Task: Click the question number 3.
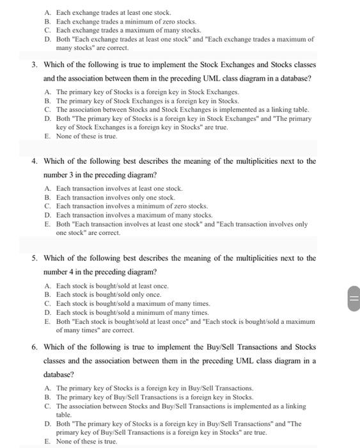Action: [35, 65]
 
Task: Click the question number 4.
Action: [35, 161]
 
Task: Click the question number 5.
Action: [35, 259]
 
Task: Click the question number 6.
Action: [35, 348]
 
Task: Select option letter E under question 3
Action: [47, 136]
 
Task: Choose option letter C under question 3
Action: [47, 109]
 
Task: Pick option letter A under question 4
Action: [47, 189]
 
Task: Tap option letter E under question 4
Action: [47, 225]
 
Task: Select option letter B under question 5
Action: [47, 294]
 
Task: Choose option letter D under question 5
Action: [47, 312]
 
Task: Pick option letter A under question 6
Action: [47, 388]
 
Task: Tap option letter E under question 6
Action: [47, 442]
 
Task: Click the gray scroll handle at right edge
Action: [353, 299]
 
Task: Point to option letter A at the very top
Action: [47, 12]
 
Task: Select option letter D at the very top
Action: [47, 39]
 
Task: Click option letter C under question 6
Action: [47, 406]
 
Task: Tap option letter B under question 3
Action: [47, 100]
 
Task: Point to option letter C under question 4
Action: [47, 207]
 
